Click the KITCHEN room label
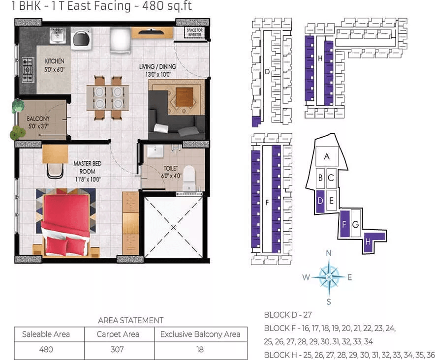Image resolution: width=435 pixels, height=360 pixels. pyautogui.click(x=54, y=61)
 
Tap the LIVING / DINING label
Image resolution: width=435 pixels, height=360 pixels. pyautogui.click(x=157, y=66)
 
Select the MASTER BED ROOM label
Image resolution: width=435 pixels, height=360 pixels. pyautogui.click(x=88, y=168)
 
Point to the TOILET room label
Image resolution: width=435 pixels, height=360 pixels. pyautogui.click(x=171, y=168)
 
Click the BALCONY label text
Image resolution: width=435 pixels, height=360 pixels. pyautogui.click(x=38, y=119)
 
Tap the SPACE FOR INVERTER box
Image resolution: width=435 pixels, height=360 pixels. pyautogui.click(x=194, y=32)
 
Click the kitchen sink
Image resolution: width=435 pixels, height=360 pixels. pyautogui.click(x=58, y=35)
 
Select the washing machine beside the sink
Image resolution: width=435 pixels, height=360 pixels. pyautogui.click(x=81, y=38)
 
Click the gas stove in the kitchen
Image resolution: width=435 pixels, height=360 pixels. pyautogui.click(x=28, y=70)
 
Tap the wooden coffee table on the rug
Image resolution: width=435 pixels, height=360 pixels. pyautogui.click(x=185, y=97)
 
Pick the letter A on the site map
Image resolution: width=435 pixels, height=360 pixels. pyautogui.click(x=327, y=156)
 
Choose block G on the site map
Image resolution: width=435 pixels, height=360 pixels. pyautogui.click(x=355, y=224)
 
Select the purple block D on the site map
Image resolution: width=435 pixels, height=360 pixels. pyautogui.click(x=320, y=201)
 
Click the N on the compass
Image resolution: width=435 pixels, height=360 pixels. pyautogui.click(x=329, y=253)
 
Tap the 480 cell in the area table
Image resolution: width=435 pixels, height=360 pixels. pyautogui.click(x=46, y=349)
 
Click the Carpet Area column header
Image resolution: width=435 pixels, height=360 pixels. pyautogui.click(x=118, y=334)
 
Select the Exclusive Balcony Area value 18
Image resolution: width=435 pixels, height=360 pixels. pyautogui.click(x=200, y=349)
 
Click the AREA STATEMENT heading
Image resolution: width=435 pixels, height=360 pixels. pyautogui.click(x=131, y=320)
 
